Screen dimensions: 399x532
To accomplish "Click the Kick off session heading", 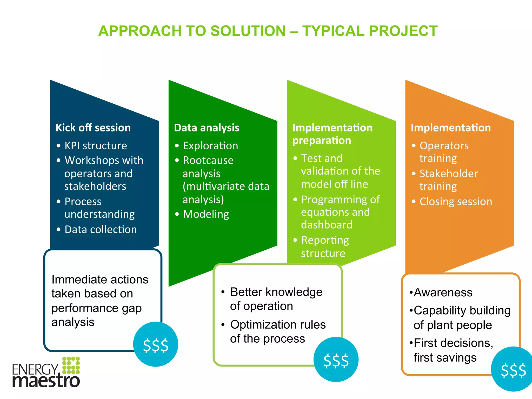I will coord(93,128).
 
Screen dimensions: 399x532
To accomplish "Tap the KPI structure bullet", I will coord(96,146).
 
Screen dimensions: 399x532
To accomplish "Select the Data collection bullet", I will coord(101,230).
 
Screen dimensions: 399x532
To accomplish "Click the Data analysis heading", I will coord(207,128).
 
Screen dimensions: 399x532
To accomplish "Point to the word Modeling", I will coord(206,214).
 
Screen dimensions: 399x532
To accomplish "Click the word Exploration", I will coord(210,146).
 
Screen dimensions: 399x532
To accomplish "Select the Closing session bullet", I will coord(456,202).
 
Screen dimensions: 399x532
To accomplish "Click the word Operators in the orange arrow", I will coord(444,146).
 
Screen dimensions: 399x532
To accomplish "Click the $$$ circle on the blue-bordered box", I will coord(156,344).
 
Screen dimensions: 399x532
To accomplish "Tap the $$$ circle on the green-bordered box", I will coord(336,360).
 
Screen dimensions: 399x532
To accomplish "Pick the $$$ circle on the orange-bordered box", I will coord(513,369).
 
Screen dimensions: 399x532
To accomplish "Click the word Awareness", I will coord(443,292).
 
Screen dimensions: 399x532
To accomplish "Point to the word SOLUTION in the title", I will coord(248,31).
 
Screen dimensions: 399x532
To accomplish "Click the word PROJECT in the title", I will coord(403,31).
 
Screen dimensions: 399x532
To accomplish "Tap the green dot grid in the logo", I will coord(71,365).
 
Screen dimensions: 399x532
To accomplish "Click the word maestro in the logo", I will coord(46,381).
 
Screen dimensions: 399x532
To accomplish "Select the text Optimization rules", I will coord(278,325).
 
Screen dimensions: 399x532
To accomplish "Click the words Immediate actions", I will coord(100,280).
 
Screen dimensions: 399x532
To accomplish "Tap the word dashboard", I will coord(327,225).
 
